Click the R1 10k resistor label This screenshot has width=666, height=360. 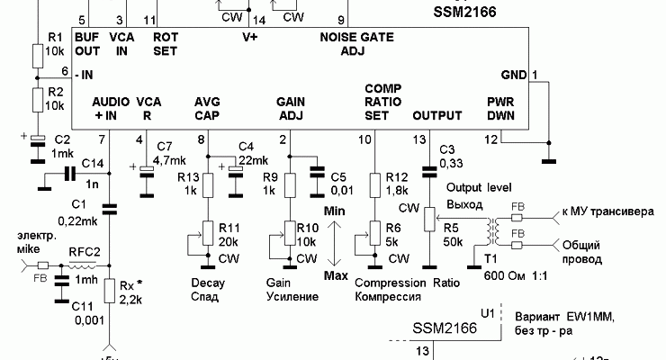pos(54,43)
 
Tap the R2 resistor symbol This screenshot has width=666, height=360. pos(36,99)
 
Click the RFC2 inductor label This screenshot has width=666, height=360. pos(84,253)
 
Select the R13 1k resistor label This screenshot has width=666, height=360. pos(188,184)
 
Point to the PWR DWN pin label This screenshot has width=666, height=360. pos(500,108)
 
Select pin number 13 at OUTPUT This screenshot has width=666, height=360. pos(418,139)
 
